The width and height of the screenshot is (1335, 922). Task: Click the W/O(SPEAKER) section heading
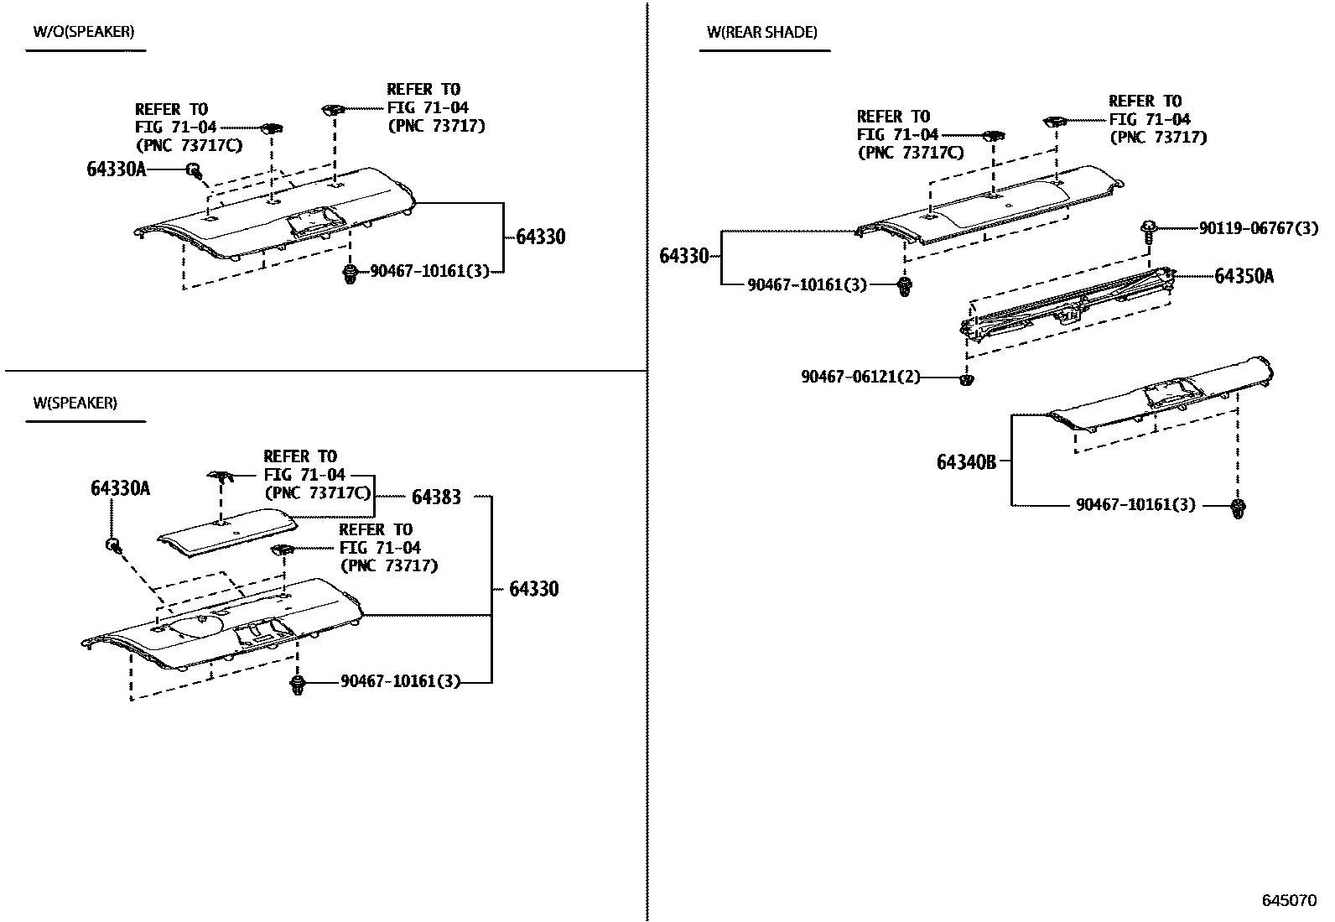point(83,32)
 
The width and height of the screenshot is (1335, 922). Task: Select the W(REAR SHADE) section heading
point(761,33)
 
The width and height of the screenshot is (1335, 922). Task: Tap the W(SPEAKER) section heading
point(75,403)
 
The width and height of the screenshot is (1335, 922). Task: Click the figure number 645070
point(1290,900)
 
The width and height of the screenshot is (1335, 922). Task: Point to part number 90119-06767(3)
point(1258,228)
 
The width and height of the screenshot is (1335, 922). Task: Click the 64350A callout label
point(1244,276)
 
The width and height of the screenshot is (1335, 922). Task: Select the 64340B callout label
point(966,461)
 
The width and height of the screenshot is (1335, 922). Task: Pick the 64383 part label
point(436,497)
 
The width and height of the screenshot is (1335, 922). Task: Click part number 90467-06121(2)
point(860,378)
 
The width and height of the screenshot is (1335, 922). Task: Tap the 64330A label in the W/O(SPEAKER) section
point(116,169)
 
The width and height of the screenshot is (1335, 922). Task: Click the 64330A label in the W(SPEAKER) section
point(120,488)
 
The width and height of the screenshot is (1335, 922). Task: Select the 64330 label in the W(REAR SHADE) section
point(684,256)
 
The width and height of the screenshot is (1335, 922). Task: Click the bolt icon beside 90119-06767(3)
point(1149,227)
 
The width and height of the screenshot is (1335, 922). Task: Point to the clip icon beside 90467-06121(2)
point(966,380)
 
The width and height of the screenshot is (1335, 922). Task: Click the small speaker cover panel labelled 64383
point(226,531)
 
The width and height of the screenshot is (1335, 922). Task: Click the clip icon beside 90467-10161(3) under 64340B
point(1238,507)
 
